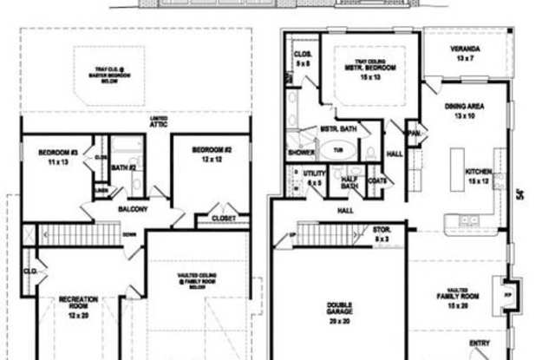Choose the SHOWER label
301,151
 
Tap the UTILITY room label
314,178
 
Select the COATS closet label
376,180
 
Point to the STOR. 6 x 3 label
382,234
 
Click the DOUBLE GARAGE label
338,310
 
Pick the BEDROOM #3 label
59,157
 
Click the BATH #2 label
127,167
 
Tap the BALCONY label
131,210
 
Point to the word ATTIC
158,125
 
